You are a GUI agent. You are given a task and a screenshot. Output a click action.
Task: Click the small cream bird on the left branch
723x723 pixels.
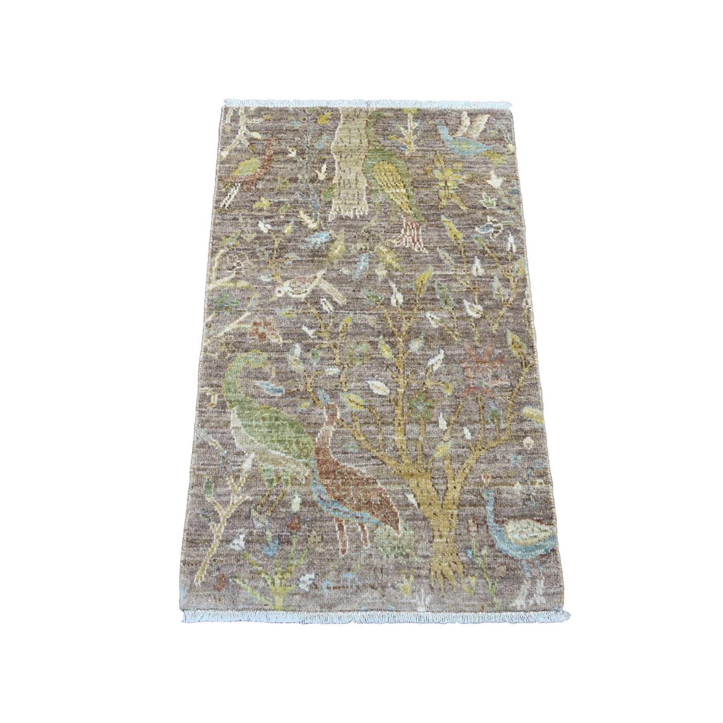point(305,285)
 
